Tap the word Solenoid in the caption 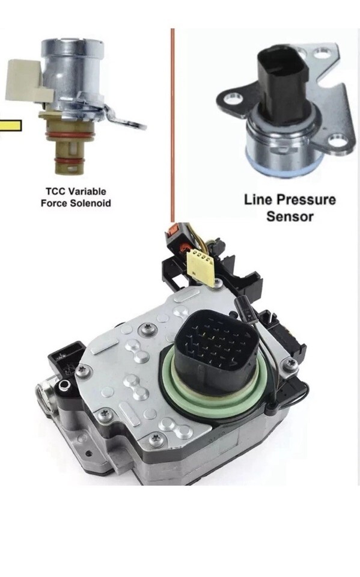tap(91, 203)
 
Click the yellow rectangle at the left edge tap(10, 126)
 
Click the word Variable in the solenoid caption tap(87, 192)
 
